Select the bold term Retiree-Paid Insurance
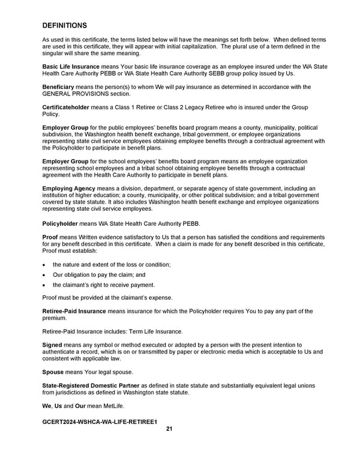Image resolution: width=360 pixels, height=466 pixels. coord(74,311)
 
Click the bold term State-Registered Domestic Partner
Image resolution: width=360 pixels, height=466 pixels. coord(90,386)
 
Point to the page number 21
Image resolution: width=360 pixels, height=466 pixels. coord(169,429)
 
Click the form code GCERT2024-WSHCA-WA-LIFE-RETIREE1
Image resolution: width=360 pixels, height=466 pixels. coord(99,422)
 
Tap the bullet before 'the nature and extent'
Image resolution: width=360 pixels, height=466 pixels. coord(44,265)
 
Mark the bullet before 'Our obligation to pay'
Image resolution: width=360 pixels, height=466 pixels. coord(44,275)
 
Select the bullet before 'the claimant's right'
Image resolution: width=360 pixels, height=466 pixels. coord(44,285)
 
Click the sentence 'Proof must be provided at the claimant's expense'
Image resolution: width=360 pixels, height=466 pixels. coord(107,298)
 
